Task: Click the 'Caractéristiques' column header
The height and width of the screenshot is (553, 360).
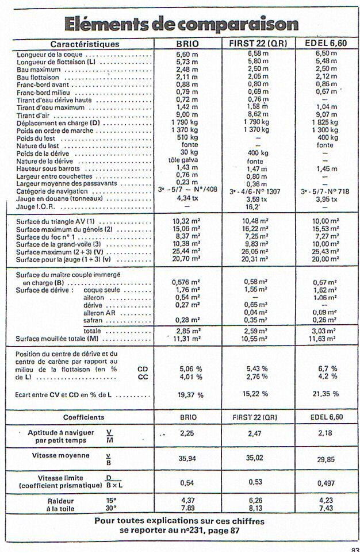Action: [x=85, y=44]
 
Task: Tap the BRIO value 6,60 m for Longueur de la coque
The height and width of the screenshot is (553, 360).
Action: [x=186, y=54]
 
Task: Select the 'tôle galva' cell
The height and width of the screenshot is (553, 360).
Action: [x=186, y=162]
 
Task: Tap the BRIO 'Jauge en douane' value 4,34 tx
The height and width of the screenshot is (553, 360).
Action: [x=186, y=199]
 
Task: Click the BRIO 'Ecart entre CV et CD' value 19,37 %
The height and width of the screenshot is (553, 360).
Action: [x=187, y=395]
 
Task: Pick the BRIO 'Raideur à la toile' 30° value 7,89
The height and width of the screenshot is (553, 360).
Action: [x=186, y=508]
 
